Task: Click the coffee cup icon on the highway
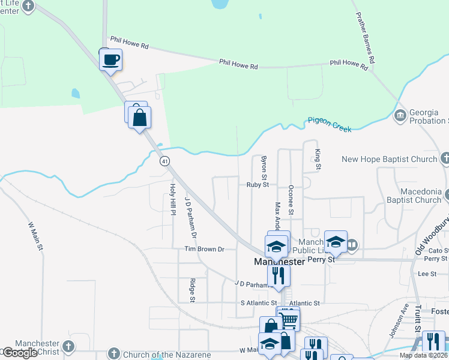pyautogui.click(x=110, y=60)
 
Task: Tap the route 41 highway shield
pyautogui.click(x=164, y=161)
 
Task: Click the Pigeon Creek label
pyautogui.click(x=328, y=121)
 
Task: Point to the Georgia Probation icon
pyautogui.click(x=400, y=115)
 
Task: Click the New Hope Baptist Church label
pyautogui.click(x=389, y=159)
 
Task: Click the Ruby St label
pyautogui.click(x=258, y=185)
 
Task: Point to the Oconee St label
pyautogui.click(x=291, y=200)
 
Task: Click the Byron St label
pyautogui.click(x=264, y=167)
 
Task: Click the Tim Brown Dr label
pyautogui.click(x=204, y=248)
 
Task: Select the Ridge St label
pyautogui.click(x=192, y=290)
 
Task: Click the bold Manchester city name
pyautogui.click(x=280, y=262)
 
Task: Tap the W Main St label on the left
pyautogui.click(x=37, y=236)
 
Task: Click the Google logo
pyautogui.click(x=20, y=353)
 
